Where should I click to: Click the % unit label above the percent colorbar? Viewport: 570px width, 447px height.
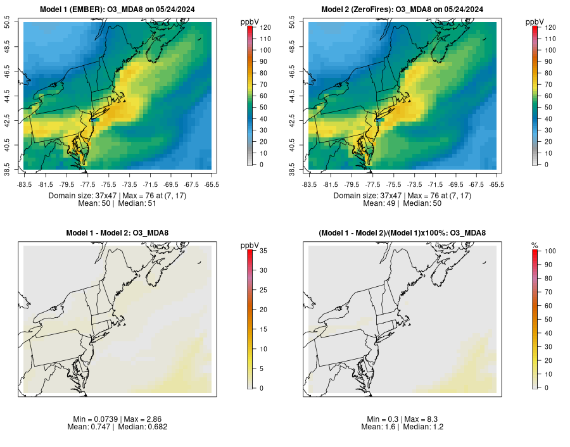tap(534, 244)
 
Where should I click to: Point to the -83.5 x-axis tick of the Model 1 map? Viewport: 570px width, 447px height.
tap(24, 184)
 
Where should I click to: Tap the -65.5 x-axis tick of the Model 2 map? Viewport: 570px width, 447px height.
tap(497, 184)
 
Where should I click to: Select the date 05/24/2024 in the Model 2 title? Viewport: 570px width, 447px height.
tap(462, 9)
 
